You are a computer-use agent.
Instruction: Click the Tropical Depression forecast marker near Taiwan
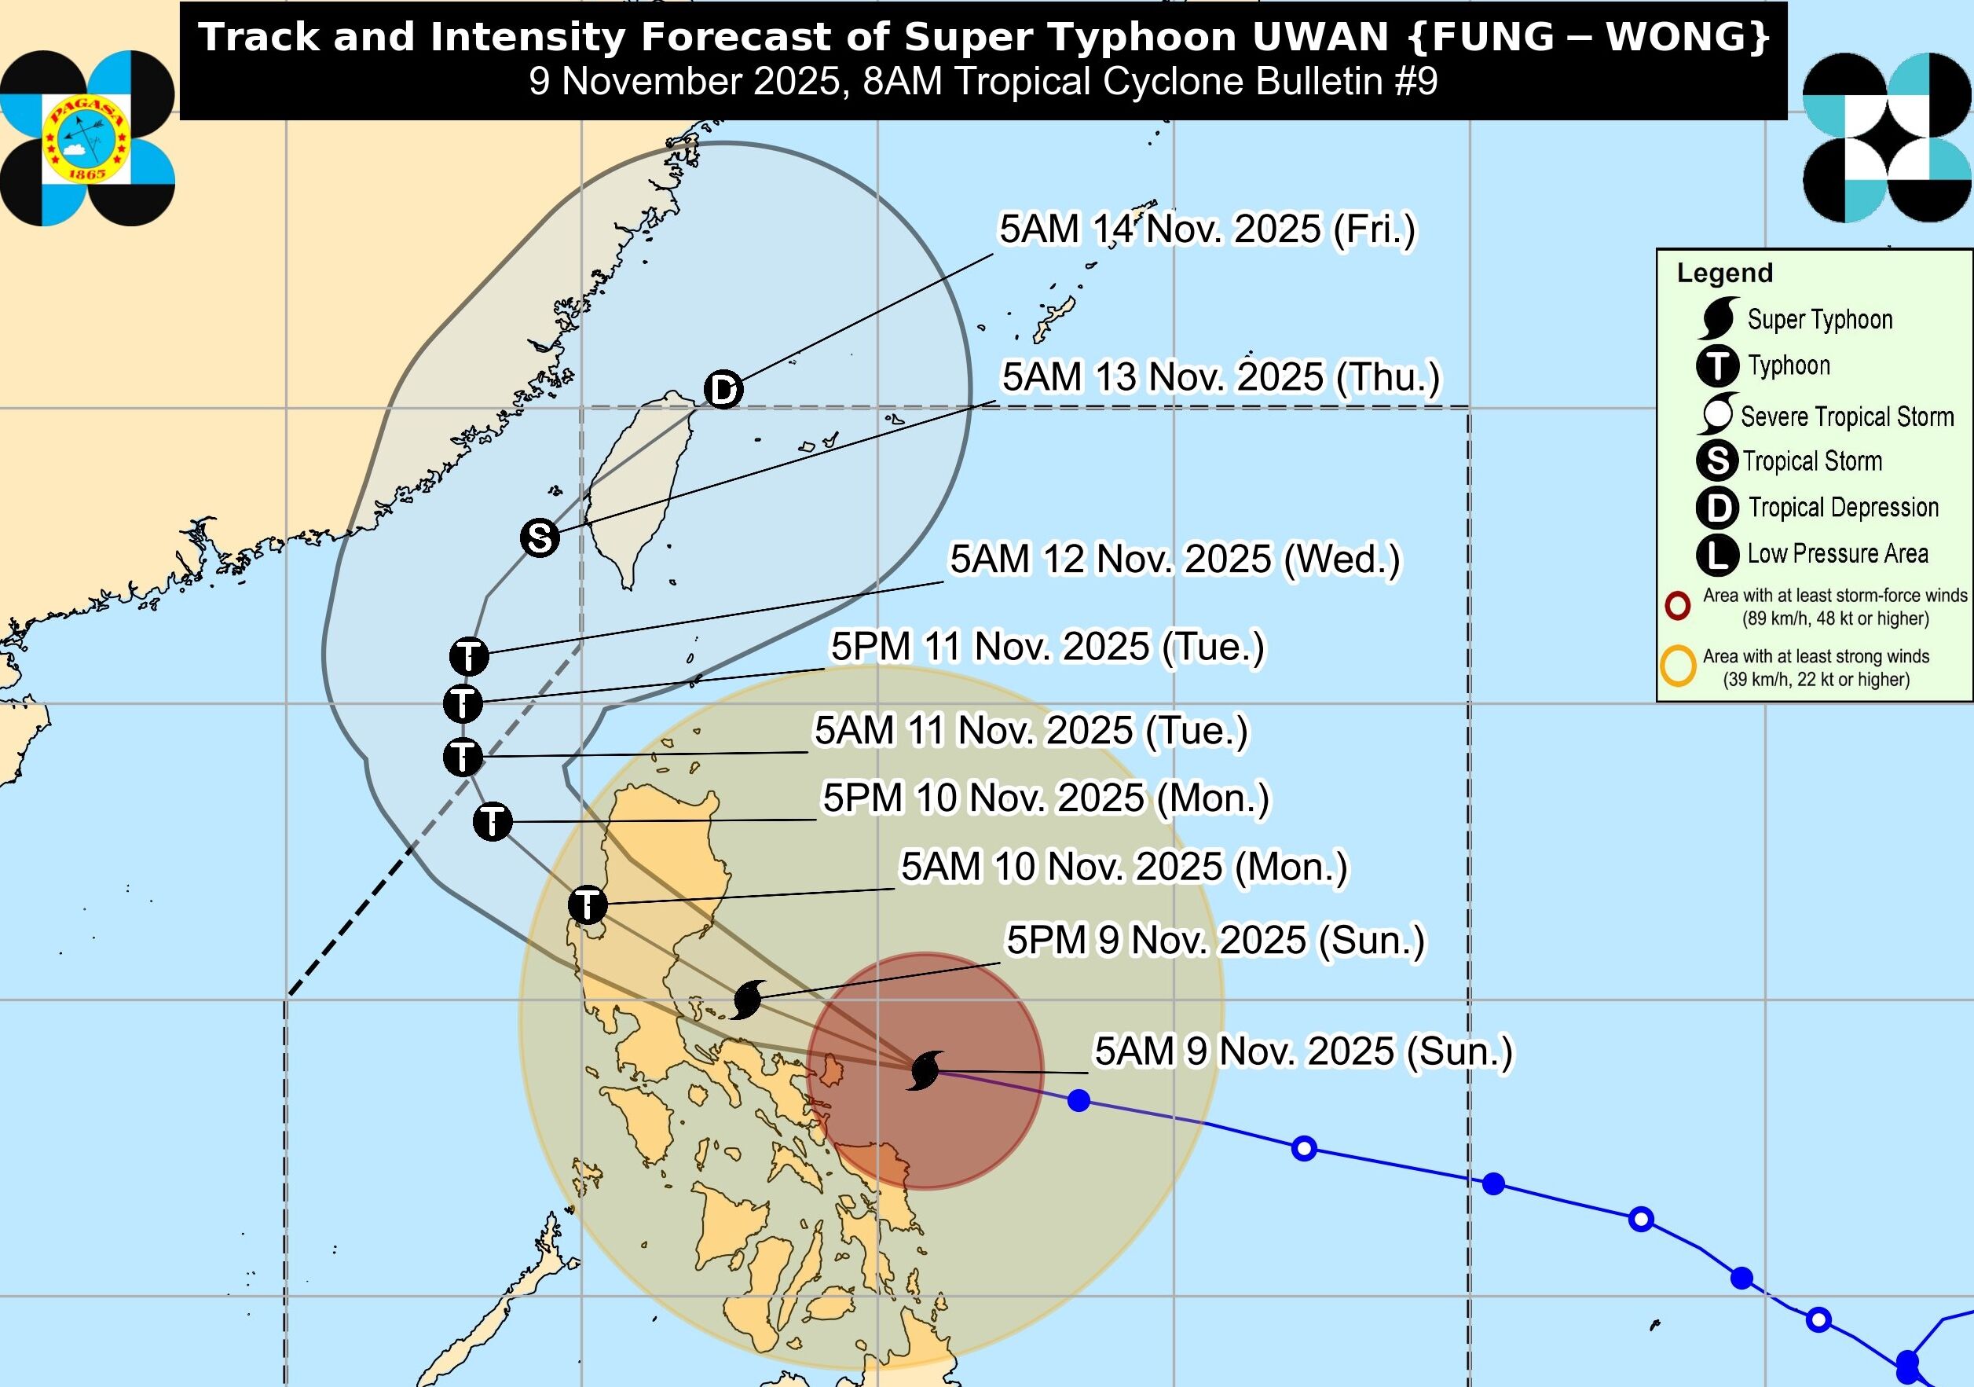[723, 390]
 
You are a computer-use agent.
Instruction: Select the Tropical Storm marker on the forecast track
[540, 538]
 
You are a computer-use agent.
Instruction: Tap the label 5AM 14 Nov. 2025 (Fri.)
[1207, 229]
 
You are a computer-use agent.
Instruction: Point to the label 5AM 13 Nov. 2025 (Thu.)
[1220, 377]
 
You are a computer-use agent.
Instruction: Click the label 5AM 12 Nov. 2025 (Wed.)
[1174, 559]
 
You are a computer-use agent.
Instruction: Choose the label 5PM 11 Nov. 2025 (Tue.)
[1047, 647]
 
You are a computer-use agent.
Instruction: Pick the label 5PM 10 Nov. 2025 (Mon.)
[1046, 798]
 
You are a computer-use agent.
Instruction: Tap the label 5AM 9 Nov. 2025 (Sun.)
[1302, 1051]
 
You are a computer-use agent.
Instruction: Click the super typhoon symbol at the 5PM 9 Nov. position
[746, 1000]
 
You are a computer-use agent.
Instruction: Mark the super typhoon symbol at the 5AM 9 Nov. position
[926, 1070]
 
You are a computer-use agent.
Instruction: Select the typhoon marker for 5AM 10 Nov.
[588, 904]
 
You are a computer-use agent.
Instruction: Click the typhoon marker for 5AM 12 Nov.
[470, 657]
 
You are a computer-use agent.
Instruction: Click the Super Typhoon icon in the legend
[1718, 319]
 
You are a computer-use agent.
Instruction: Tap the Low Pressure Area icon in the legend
[1718, 554]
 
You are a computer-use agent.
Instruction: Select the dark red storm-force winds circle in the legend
[1677, 606]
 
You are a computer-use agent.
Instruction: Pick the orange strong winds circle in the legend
[1677, 667]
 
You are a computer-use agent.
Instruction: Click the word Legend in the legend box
[1725, 273]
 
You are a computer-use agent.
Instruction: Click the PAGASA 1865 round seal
[86, 138]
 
